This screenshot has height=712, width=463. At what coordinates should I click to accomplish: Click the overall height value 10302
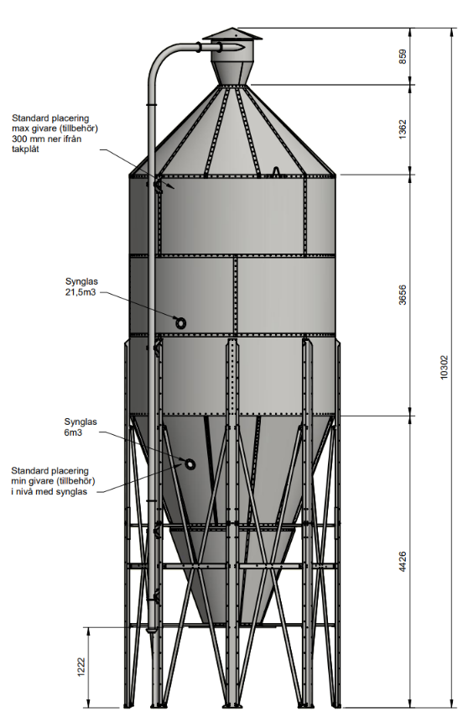point(445,367)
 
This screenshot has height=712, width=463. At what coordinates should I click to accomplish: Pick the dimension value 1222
point(81,667)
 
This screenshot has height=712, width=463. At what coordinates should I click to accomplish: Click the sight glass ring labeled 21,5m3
point(180,323)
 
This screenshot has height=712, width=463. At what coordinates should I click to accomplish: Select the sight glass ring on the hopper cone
point(190,464)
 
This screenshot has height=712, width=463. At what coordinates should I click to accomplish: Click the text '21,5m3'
point(81,292)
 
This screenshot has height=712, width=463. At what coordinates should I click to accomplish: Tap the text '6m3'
point(73,432)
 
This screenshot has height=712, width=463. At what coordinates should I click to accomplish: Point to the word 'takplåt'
point(26,149)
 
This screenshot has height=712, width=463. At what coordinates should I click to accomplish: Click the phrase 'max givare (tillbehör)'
point(55,128)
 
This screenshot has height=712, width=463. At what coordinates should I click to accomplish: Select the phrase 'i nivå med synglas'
point(49,492)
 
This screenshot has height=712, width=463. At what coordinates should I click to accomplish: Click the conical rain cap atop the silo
point(232,34)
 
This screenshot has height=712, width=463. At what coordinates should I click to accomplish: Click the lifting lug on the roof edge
point(276,171)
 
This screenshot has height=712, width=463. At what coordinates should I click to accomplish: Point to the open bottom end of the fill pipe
point(153,631)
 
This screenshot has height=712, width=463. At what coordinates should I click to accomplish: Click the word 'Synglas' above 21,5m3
point(81,282)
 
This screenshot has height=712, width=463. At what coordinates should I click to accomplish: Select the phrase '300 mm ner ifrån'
point(47,139)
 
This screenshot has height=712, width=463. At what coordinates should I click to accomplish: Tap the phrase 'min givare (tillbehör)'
point(53,481)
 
